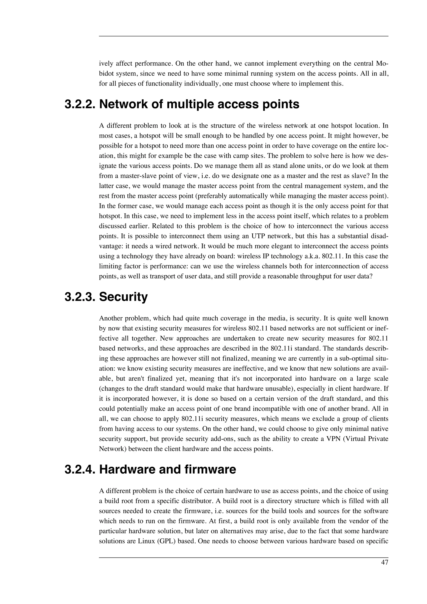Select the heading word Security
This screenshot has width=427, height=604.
tap(123, 297)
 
